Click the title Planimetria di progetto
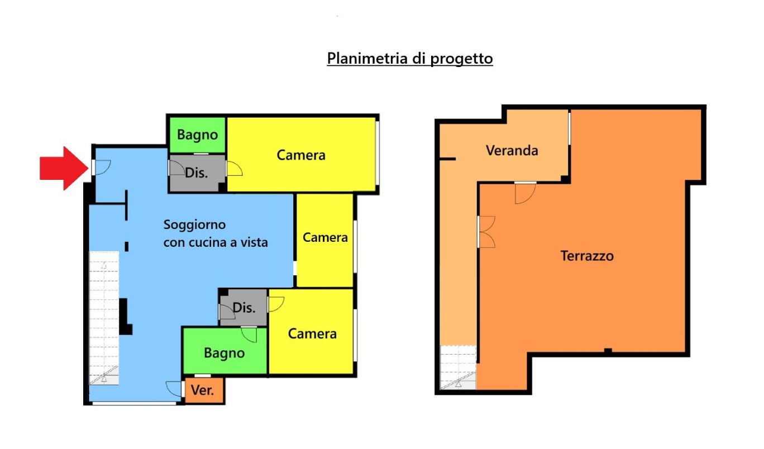(x=409, y=58)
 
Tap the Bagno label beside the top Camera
(x=198, y=135)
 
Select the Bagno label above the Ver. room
(x=225, y=353)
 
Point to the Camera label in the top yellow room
(x=301, y=155)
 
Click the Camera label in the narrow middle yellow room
(x=325, y=237)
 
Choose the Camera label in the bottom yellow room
(x=312, y=334)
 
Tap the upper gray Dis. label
(x=196, y=173)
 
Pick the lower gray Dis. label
(x=244, y=308)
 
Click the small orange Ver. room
(x=204, y=390)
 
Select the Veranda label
(x=512, y=150)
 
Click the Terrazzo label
(x=587, y=256)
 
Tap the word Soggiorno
(x=194, y=225)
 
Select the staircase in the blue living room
(x=104, y=318)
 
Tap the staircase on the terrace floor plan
(x=458, y=367)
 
